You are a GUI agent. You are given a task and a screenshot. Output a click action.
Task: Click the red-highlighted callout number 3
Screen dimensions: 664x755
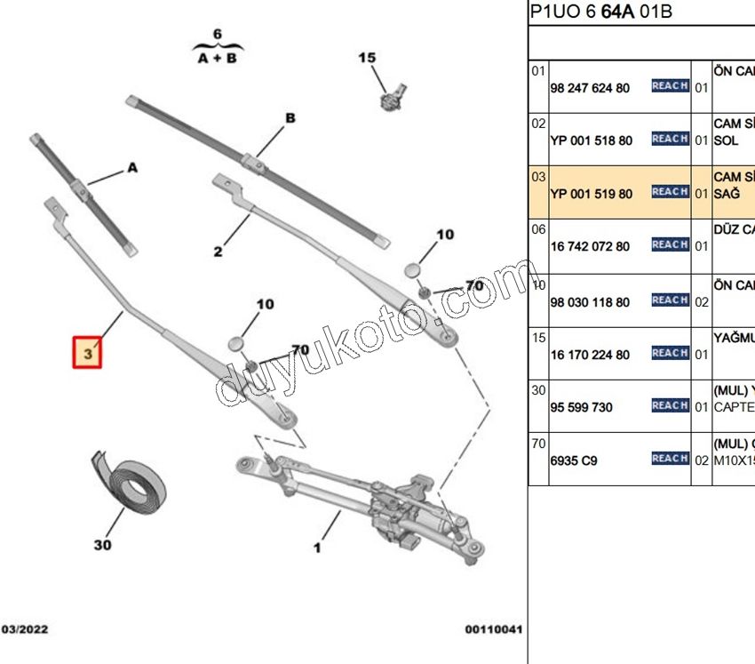87,353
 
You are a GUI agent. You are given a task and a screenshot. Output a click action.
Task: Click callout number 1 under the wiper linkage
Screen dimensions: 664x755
317,548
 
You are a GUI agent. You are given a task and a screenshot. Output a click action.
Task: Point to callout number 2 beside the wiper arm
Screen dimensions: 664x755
218,252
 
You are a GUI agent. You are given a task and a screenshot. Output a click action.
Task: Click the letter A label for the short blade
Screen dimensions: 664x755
132,167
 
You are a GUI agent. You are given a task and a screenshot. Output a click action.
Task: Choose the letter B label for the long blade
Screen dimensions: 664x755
290,118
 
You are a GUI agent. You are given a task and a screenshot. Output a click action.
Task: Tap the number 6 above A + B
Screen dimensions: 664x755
217,34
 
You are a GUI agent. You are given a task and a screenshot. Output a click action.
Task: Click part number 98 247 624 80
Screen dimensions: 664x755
590,88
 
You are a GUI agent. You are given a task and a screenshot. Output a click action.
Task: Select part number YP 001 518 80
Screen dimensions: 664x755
592,140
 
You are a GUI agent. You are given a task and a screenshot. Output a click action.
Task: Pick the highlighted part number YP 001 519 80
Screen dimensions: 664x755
592,194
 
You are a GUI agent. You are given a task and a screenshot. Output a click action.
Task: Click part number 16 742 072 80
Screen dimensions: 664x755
590,246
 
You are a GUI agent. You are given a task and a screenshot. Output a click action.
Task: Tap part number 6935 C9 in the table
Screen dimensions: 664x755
574,460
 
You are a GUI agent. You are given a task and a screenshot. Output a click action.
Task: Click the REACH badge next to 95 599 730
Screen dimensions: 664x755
670,405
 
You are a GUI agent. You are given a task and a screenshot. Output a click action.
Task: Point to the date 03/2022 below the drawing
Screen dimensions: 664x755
25,629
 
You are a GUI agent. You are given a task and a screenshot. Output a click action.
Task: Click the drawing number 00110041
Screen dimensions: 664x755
494,629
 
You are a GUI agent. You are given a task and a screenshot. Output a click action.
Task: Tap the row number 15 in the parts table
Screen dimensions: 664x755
538,337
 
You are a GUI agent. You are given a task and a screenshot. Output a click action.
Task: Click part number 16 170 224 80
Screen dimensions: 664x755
590,355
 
